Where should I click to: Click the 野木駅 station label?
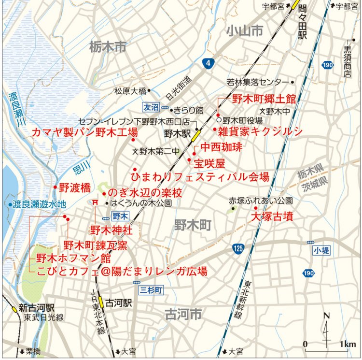pos(176,132)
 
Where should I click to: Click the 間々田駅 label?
pos(302,22)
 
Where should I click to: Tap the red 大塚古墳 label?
pos(272,216)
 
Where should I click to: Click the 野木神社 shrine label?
pos(111,230)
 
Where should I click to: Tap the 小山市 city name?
pos(245,31)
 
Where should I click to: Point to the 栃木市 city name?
pos(107,47)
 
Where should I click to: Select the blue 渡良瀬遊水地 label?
pos(39,204)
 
